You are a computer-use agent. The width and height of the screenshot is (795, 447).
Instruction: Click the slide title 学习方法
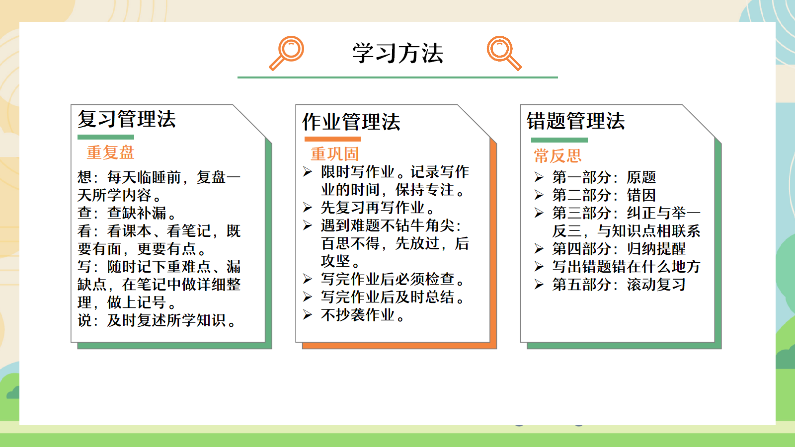click(397, 53)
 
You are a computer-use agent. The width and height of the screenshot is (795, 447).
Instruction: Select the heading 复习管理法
click(127, 119)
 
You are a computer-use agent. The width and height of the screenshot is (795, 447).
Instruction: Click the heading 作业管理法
click(351, 122)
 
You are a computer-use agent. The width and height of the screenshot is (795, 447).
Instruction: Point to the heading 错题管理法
click(576, 121)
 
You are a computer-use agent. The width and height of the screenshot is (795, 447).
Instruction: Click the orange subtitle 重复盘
click(110, 152)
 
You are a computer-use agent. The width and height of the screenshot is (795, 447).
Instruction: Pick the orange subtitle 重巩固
click(335, 154)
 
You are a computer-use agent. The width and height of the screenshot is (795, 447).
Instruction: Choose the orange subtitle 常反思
click(557, 156)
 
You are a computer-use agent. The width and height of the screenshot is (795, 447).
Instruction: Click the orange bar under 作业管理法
click(332, 139)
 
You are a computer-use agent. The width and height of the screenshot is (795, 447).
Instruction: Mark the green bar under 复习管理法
click(106, 137)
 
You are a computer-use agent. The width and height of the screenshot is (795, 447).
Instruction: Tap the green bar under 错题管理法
click(559, 140)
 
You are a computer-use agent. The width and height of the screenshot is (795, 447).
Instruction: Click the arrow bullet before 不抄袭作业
click(308, 315)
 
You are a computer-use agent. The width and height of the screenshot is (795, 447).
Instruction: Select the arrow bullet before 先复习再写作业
click(308, 207)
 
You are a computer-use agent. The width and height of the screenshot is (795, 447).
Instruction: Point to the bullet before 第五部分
click(539, 285)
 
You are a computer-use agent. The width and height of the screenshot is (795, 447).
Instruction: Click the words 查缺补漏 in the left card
click(137, 213)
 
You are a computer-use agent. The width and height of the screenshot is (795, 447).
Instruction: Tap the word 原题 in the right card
click(641, 177)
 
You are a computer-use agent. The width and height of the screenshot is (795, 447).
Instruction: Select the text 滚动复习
click(656, 285)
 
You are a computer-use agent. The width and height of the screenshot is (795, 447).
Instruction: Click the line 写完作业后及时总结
click(393, 297)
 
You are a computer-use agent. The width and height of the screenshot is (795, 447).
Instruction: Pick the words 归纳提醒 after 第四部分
click(656, 249)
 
